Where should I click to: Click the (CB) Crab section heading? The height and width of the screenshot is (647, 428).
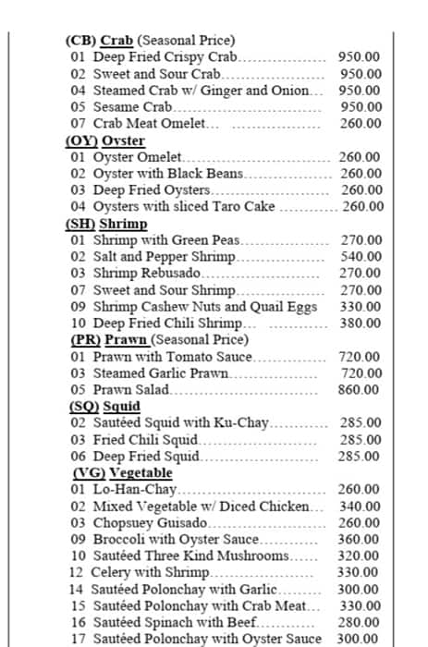coord(100,40)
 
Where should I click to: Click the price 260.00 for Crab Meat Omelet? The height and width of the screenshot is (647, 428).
coord(360,124)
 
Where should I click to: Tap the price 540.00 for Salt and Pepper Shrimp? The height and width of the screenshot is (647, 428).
coord(361,257)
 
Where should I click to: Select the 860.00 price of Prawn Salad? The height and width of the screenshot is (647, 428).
coord(361,390)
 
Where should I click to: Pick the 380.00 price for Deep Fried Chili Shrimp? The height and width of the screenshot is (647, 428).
coord(361,323)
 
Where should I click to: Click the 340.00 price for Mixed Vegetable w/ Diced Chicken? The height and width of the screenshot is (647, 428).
coord(361,507)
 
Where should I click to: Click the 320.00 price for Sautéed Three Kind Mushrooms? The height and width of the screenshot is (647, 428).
coord(361,556)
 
